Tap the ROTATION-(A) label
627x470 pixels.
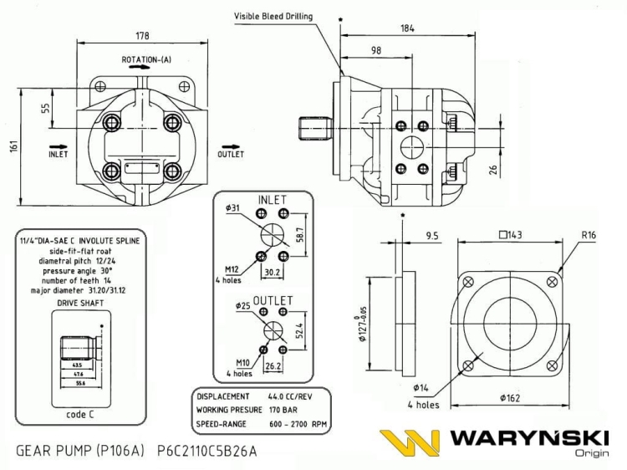click(146, 60)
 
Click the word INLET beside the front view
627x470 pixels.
click(58, 155)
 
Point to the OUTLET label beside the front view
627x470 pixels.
click(231, 155)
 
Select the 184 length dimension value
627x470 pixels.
click(407, 29)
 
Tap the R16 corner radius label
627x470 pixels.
click(589, 236)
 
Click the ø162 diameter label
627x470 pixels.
click(509, 398)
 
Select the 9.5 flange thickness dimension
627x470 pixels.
click(433, 236)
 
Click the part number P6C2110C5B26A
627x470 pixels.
click(206, 452)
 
